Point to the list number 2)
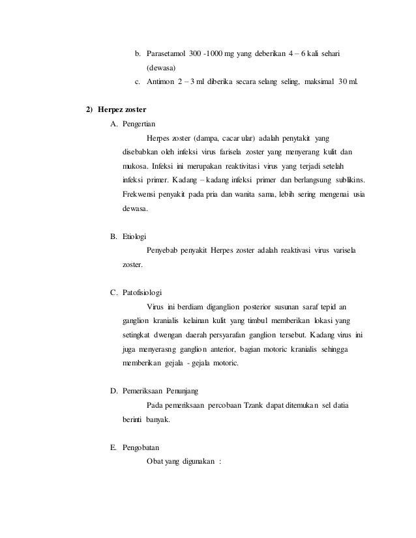91,107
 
